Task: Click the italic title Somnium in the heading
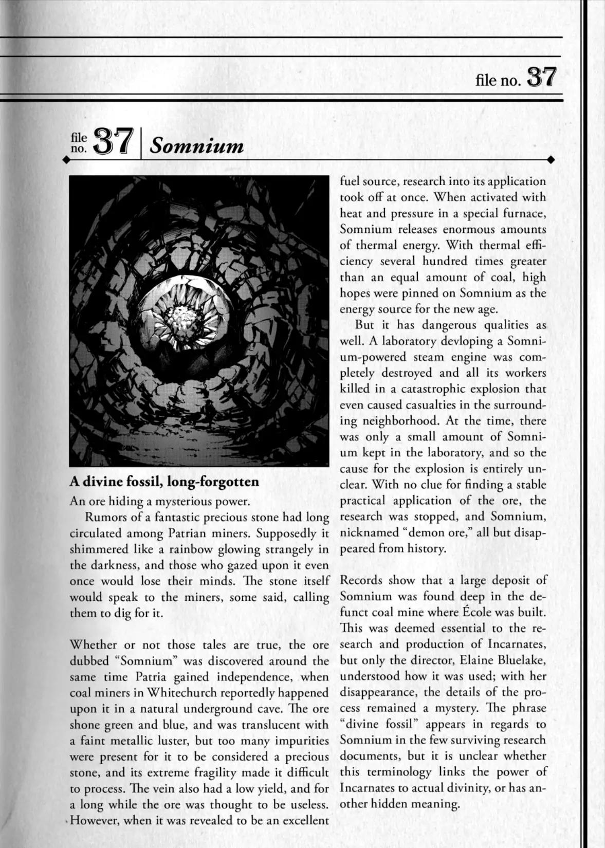pos(197,146)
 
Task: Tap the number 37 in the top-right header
pos(542,78)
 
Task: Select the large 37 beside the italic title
pos(112,142)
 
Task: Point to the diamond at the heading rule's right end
pos(551,160)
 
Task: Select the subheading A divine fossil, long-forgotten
pos(164,482)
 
